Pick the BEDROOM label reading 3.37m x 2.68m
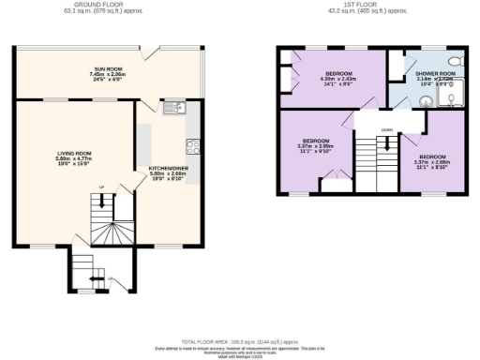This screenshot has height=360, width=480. pos(432,157)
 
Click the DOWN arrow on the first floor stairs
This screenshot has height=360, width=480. pos(385,143)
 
